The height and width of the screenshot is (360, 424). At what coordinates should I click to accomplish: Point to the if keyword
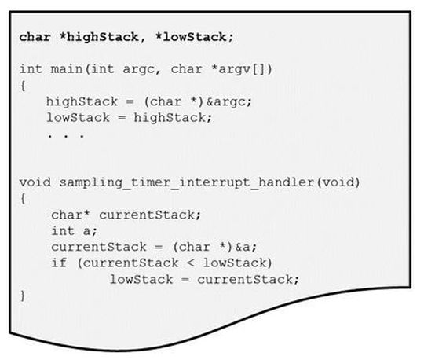click(x=57, y=262)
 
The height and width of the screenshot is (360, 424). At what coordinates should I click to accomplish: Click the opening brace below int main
click(x=22, y=85)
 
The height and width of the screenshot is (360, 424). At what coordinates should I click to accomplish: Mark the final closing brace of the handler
click(x=22, y=295)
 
